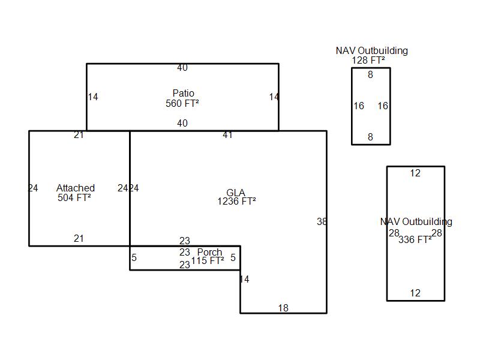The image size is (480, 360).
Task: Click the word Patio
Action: [x=184, y=93]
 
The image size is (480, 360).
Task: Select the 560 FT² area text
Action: [x=182, y=103]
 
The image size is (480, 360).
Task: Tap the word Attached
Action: [x=76, y=188]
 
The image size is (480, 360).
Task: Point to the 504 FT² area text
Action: [x=74, y=198]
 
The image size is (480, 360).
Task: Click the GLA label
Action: [x=236, y=193]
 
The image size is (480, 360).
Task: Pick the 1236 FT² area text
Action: [x=236, y=202]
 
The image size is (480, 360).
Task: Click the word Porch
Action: [x=209, y=252]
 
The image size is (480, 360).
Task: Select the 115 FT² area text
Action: [x=208, y=261]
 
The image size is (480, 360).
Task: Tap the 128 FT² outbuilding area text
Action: [x=368, y=61]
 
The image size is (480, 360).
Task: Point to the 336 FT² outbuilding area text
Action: [x=415, y=239]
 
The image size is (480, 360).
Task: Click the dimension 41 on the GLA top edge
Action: [x=227, y=135]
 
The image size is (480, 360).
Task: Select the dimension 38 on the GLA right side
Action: [x=322, y=221]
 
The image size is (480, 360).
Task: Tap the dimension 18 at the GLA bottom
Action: [x=283, y=308]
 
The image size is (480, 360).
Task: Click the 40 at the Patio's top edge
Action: [x=182, y=68]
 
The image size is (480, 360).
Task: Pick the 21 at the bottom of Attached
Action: [x=79, y=238]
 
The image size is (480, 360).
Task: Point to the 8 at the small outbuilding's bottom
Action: [x=370, y=137]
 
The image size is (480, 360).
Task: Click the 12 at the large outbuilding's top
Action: [x=415, y=173]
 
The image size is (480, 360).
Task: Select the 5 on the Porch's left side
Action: [x=134, y=258]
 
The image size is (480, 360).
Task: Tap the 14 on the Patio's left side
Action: [x=93, y=97]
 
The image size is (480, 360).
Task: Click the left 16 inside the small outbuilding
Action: [x=359, y=106]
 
